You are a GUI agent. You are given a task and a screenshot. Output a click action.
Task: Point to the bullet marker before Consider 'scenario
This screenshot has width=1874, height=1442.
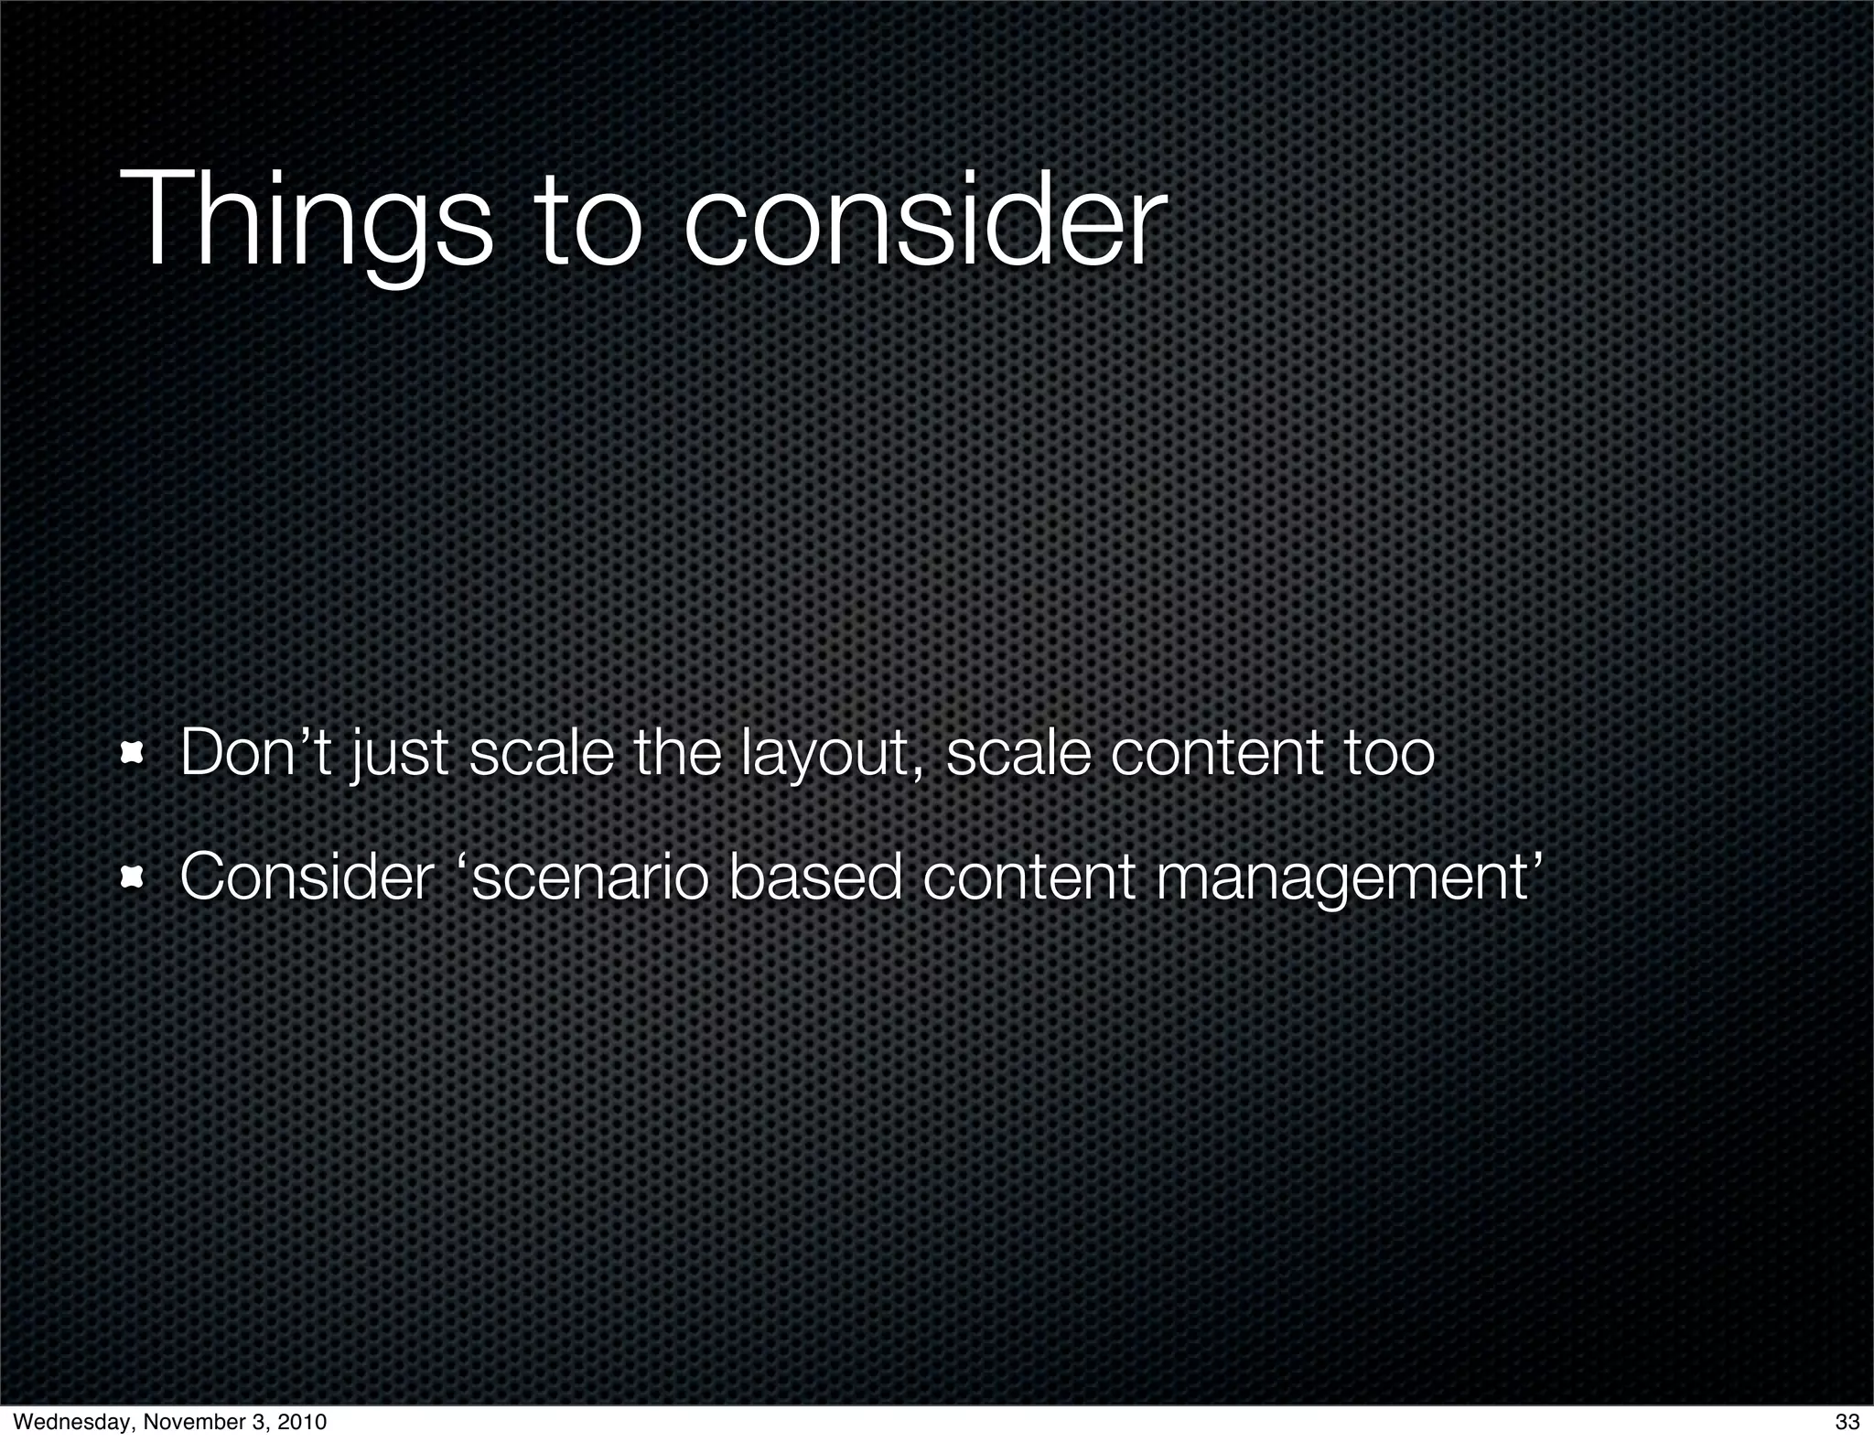pos(135,878)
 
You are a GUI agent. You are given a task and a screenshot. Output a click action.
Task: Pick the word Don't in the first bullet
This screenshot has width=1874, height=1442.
pos(255,753)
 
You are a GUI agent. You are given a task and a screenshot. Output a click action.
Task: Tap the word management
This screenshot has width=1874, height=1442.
pos(1341,878)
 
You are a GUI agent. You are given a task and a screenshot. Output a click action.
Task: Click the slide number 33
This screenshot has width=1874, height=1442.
pos(1847,1422)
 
